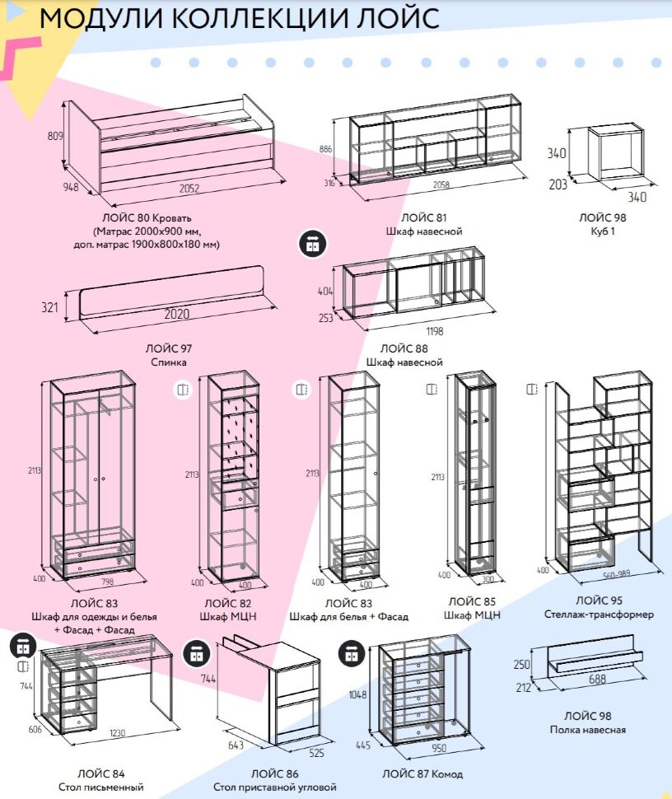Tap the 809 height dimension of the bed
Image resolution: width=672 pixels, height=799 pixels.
coord(55,137)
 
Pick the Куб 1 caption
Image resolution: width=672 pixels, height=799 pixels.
coord(601,231)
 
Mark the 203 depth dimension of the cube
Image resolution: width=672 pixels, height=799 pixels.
coord(558,185)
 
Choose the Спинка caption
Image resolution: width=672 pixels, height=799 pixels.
coord(169,362)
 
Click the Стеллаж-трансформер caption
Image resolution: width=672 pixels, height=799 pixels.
coord(599,614)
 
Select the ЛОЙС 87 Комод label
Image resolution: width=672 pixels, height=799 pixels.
coord(422,774)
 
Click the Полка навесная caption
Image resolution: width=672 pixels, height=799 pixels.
coord(587,730)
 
